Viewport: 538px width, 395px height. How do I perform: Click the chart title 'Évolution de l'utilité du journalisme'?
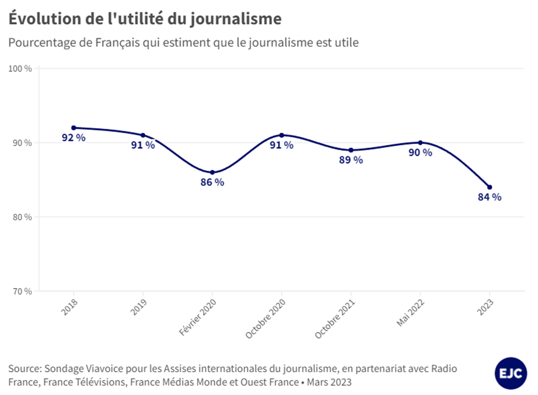tap(145, 19)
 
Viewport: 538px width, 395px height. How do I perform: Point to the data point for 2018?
tap(74, 127)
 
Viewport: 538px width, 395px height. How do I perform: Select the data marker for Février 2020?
tap(212, 172)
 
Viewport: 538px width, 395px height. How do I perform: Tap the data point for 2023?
tap(490, 187)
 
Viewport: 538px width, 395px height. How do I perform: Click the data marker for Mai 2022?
tap(420, 143)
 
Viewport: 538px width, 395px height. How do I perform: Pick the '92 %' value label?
tap(74, 138)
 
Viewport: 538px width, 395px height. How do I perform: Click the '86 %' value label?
tap(212, 183)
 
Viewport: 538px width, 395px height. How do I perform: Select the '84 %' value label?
tap(490, 197)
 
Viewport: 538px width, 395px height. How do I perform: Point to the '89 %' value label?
tap(351, 160)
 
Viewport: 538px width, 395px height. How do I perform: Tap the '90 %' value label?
tap(420, 153)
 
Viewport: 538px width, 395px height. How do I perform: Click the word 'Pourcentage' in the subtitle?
tap(39, 43)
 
